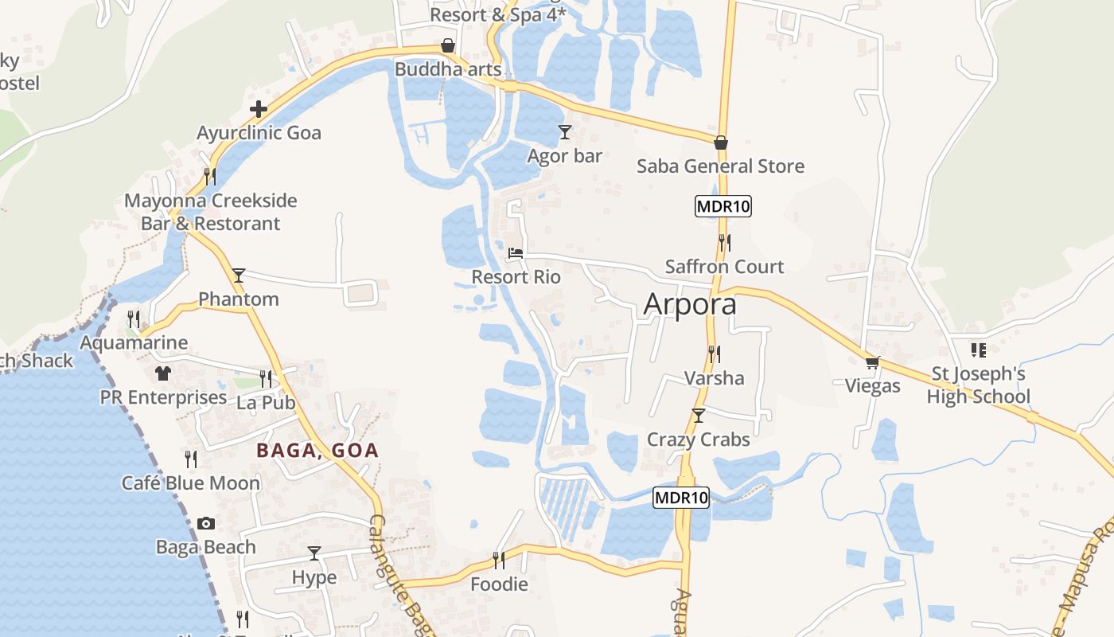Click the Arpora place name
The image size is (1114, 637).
[690, 304]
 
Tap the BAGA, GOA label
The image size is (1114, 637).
[317, 451]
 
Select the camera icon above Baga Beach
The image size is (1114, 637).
[206, 523]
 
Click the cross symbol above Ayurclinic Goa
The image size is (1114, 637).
[259, 109]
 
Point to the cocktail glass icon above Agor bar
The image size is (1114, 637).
[565, 131]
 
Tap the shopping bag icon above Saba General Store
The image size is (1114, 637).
[721, 143]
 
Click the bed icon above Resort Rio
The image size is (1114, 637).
[516, 254]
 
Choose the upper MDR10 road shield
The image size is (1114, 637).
[723, 206]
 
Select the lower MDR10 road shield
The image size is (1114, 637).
[681, 498]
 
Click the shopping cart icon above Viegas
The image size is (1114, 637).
[873, 362]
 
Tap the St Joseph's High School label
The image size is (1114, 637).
[978, 385]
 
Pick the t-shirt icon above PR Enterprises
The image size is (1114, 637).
[163, 373]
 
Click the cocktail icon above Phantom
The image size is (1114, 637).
[239, 276]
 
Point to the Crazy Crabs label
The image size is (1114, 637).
[699, 440]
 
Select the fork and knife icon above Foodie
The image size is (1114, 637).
[499, 561]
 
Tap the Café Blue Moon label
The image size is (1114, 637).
[191, 483]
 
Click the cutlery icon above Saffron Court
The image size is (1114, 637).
[724, 242]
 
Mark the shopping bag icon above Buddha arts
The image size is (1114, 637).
[448, 46]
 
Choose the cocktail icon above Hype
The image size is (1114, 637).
[314, 553]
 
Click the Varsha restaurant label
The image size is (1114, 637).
[715, 378]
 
